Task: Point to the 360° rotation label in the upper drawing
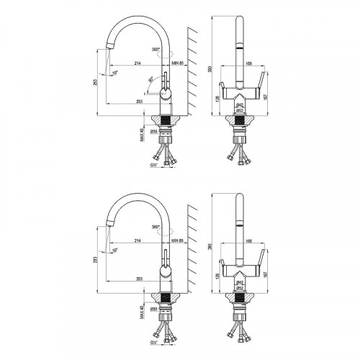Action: tap(156, 49)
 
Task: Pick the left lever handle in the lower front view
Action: tap(222, 255)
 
